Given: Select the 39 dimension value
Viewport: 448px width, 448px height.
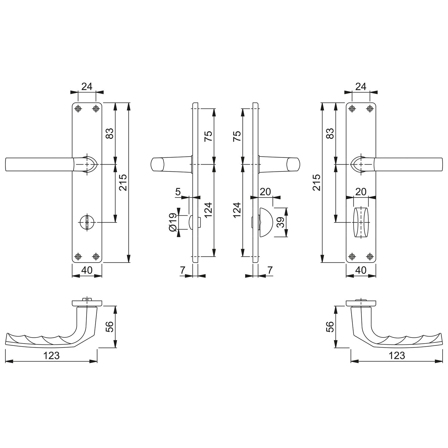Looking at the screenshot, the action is (x=281, y=222).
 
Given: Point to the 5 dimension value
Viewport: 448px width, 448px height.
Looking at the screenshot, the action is (x=178, y=191).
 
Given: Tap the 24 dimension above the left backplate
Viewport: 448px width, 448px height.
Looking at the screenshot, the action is (x=87, y=86).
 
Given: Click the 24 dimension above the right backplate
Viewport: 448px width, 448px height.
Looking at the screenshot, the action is (x=361, y=86).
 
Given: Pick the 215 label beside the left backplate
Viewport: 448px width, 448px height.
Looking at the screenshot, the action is (x=123, y=182).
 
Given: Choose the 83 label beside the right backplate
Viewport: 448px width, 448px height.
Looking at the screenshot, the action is (x=329, y=133).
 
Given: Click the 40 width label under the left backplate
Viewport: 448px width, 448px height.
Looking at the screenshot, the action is (x=87, y=270).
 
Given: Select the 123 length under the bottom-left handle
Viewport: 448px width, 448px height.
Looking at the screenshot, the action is (x=52, y=355).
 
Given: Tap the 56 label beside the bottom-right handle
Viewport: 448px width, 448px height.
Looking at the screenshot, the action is (x=329, y=327).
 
